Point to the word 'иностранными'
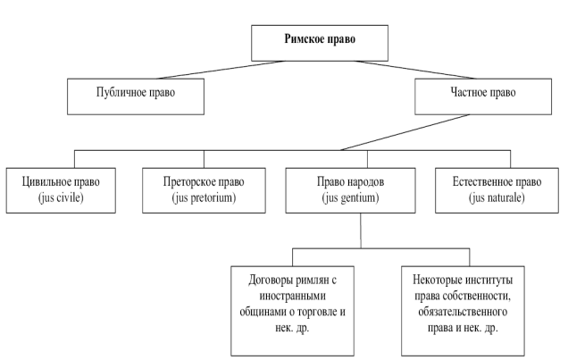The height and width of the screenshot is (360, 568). point(291,297)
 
